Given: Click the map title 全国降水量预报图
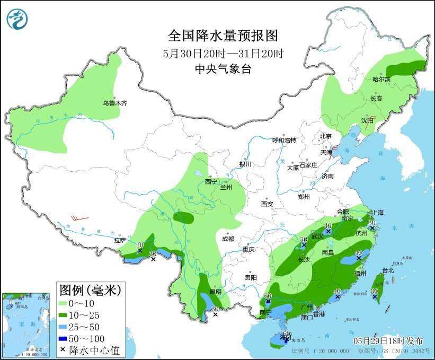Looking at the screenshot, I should click(223, 36).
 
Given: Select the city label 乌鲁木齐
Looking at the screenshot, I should click(115, 103).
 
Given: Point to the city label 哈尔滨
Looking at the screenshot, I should click(381, 80).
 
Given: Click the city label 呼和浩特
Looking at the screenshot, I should click(284, 140).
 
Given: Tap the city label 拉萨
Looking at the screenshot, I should click(119, 240).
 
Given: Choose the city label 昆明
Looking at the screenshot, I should click(216, 292).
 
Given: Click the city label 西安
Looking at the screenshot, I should click(267, 204).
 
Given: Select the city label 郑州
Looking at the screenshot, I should click(304, 196).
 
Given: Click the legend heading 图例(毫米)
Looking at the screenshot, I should click(90, 290).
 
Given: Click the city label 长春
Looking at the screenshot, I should click(376, 99).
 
